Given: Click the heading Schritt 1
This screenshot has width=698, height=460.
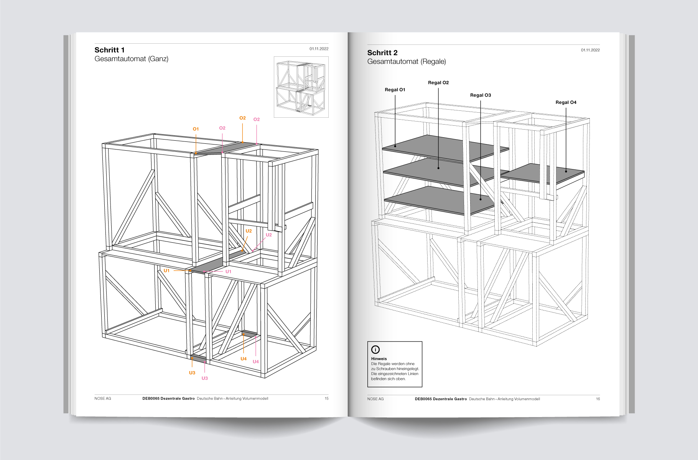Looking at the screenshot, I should coord(109,50).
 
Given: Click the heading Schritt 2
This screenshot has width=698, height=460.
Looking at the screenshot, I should coord(382,53).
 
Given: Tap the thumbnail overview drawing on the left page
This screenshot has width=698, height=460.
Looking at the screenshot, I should coord(301,87).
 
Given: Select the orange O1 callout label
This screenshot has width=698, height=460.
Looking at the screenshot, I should coord(196,129).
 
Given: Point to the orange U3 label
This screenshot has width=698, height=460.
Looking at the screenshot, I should coord(192,373).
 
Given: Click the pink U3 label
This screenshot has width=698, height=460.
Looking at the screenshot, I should coord(205,378).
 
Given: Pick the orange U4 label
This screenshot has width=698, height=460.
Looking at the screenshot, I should coord(244,359).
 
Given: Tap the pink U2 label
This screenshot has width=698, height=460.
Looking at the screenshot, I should coord(269,235).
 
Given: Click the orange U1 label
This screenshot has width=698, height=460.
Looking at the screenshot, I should coord(166,271).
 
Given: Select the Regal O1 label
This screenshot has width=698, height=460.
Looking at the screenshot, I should coord(395,90).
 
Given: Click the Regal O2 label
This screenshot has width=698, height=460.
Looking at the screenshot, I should coord(438,82).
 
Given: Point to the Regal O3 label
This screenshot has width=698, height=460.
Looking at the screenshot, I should coord(481,95).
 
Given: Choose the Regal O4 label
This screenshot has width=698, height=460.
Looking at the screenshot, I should coord(566,102).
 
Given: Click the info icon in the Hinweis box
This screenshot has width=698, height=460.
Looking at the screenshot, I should coord(375,349).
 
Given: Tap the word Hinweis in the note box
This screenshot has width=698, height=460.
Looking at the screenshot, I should coord(379,359).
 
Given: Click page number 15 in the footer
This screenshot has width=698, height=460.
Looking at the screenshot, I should coord(326,399).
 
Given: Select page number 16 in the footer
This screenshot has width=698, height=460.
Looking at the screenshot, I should coord(598,399).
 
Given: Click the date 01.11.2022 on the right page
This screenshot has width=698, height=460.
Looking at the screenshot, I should coord(590,50).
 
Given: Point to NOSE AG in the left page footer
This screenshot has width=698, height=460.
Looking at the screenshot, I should coord(103,399).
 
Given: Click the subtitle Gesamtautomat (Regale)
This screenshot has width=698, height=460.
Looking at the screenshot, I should coord(407,62).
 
